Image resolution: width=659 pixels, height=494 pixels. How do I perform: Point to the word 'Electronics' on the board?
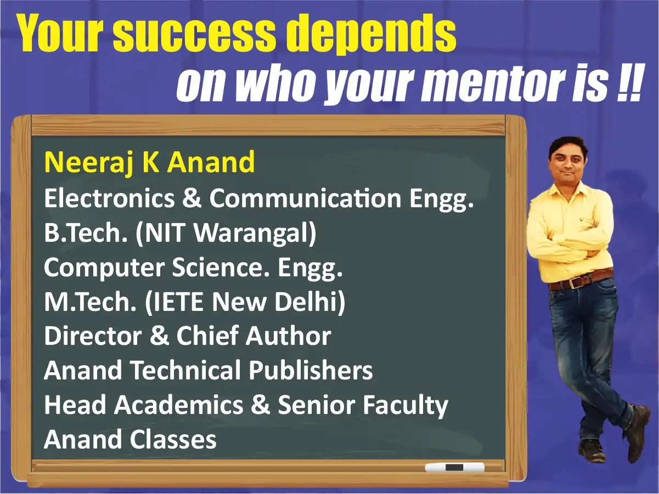[109, 198]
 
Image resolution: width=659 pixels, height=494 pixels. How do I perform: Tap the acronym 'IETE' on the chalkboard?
[175, 302]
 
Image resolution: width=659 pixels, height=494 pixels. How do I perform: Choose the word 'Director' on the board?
[93, 336]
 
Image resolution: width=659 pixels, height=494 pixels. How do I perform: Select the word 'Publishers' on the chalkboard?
[311, 370]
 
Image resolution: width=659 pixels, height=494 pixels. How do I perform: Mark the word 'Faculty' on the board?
[405, 406]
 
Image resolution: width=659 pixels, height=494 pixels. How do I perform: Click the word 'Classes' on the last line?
[173, 439]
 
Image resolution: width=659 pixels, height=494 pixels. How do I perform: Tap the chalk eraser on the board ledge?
[454, 467]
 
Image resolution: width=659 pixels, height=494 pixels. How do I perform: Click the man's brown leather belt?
[581, 280]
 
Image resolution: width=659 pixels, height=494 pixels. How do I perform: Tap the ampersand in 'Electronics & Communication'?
[191, 198]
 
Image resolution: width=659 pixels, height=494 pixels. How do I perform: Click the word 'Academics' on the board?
[179, 405]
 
